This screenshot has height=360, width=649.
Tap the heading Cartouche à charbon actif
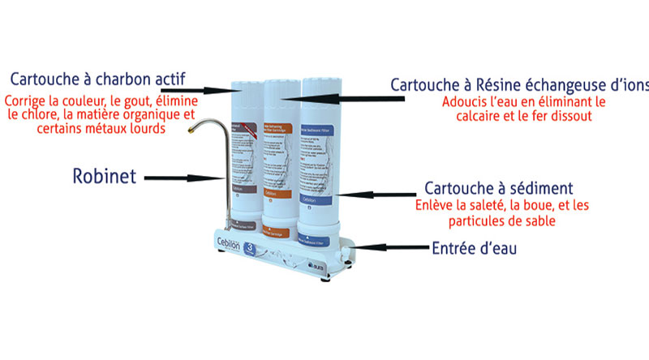(x=98, y=79)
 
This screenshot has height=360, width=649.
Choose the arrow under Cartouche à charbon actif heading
(x=219, y=90)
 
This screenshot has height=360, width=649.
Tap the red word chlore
(x=36, y=115)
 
